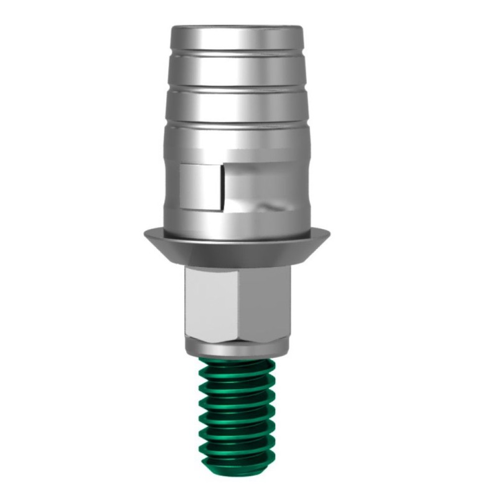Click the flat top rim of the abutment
[x=237, y=29]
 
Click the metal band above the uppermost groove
[x=237, y=41]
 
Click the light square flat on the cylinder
[x=199, y=186]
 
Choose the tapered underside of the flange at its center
[x=237, y=252]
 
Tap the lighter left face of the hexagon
[x=210, y=302]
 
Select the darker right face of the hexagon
[x=265, y=302]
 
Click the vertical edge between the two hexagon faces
[x=239, y=302]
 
